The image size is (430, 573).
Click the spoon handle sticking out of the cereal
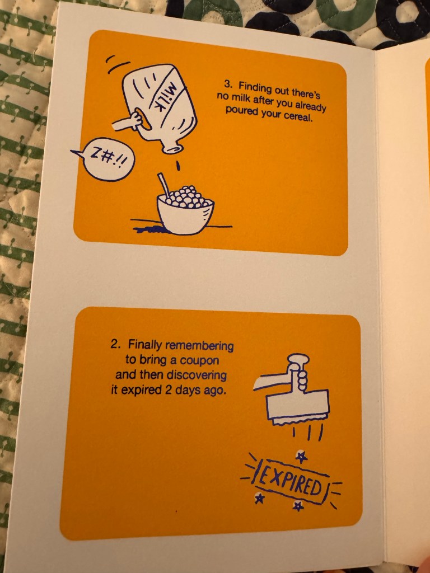pos(163,185)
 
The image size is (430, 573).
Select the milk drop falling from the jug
pos(178,166)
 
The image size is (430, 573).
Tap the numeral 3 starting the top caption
pos(227,84)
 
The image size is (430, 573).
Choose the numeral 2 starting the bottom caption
pos(114,344)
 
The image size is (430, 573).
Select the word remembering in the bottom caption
pos(200,345)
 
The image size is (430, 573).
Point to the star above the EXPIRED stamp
pos(301,456)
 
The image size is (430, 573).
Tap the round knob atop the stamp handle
pos(298,359)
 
